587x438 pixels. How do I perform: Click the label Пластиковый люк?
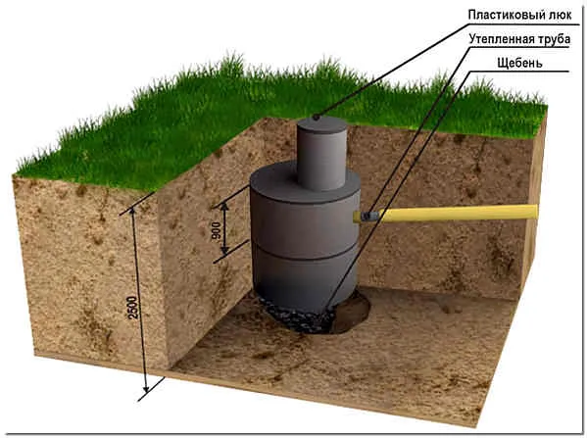[x=520, y=15]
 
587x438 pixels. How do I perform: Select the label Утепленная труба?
[x=519, y=39]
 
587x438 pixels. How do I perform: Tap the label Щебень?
[x=519, y=63]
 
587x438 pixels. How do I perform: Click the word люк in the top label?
[x=560, y=15]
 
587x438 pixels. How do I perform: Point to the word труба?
[x=553, y=39]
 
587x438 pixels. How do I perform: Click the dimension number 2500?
[x=133, y=308]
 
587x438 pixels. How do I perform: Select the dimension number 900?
[x=216, y=231]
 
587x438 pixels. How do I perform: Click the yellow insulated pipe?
[x=459, y=213]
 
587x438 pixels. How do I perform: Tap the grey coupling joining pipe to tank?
[x=369, y=216]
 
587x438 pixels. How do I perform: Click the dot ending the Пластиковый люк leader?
[x=317, y=118]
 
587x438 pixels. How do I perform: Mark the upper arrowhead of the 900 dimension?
[x=224, y=207]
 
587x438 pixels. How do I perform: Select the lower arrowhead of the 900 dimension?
[x=225, y=250]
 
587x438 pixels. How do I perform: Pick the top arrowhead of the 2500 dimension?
[x=131, y=213]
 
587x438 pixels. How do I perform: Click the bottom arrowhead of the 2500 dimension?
[x=146, y=387]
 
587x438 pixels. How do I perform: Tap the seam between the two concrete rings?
[x=304, y=258]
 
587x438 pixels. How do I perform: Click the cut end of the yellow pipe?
[x=536, y=213]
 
